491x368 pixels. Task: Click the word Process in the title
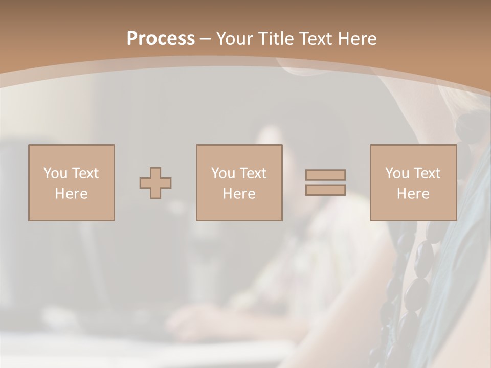pos(161,39)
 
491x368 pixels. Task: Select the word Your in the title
pos(236,39)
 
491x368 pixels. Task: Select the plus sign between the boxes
pos(155,183)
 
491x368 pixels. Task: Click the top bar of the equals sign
pos(325,175)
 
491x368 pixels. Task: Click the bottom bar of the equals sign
pos(325,190)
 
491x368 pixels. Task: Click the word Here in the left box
pos(71,194)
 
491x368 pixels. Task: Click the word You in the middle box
pos(222,173)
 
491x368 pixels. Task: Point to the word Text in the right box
pos(427,173)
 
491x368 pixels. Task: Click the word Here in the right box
pos(413,194)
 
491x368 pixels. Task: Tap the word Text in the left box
pos(85,173)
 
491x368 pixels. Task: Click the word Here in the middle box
pos(239,194)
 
